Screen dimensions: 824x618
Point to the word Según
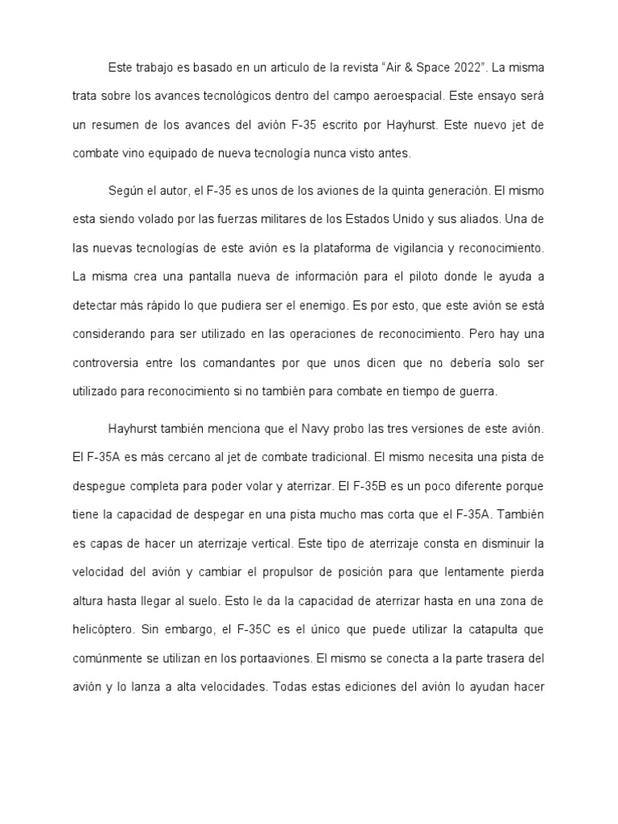[x=126, y=192]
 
